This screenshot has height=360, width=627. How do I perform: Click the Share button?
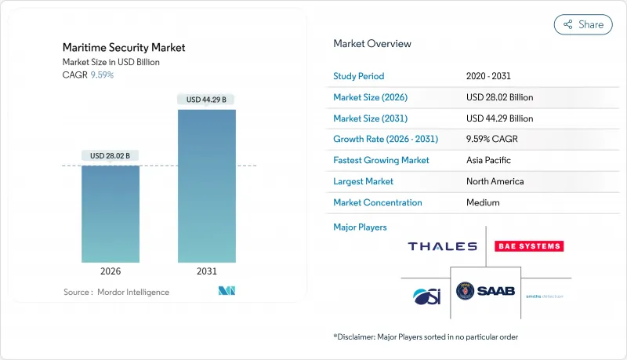pyautogui.click(x=583, y=24)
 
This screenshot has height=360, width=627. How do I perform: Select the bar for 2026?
pyautogui.click(x=111, y=213)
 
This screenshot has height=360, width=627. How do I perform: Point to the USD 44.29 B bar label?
pyautogui.click(x=207, y=100)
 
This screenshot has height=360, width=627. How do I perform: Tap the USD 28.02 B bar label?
pyautogui.click(x=111, y=156)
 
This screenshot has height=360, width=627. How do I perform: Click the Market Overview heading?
pyautogui.click(x=372, y=44)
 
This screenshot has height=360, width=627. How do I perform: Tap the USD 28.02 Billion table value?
pyautogui.click(x=499, y=97)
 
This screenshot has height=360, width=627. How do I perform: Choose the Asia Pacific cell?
pyautogui.click(x=489, y=160)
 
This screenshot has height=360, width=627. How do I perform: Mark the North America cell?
pyautogui.click(x=495, y=181)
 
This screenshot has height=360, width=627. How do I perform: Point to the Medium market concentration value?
pyautogui.click(x=483, y=202)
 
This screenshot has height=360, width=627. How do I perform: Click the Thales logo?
pyautogui.click(x=442, y=246)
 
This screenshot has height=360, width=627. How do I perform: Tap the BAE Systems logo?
pyautogui.click(x=529, y=246)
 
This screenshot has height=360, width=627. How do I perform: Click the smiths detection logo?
pyautogui.click(x=545, y=296)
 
